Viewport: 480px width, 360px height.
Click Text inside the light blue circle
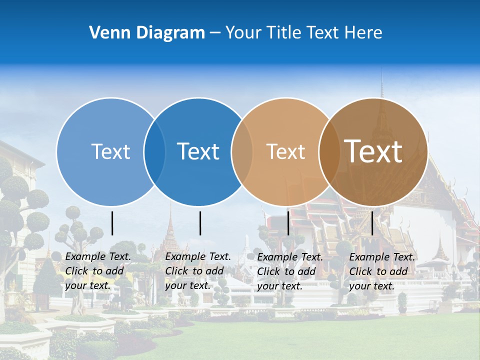click(110, 151)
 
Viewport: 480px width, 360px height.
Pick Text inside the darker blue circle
click(198, 151)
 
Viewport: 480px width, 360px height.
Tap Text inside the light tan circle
click(285, 151)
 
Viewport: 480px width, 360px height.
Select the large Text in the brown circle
click(373, 151)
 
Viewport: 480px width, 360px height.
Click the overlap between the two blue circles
click(154, 152)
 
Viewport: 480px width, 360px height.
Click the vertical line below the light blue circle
click(112, 223)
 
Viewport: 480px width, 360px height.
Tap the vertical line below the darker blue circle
click(200, 223)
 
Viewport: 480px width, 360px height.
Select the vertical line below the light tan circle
click(288, 223)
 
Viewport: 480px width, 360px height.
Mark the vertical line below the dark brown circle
click(372, 223)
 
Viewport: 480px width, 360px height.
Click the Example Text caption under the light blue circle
click(97, 271)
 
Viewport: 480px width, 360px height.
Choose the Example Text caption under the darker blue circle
click(197, 271)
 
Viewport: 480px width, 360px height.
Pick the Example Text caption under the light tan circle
click(289, 271)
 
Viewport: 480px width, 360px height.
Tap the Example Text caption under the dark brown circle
click(381, 271)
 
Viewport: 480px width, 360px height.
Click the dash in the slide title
click(215, 33)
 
